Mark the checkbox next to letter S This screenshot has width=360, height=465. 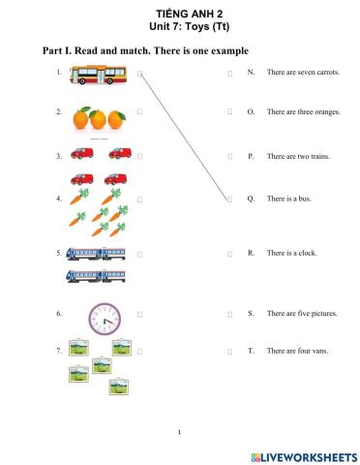point(230,314)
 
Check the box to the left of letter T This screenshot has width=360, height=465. point(230,350)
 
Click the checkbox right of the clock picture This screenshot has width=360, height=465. point(140,314)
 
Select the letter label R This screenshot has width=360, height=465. point(251,253)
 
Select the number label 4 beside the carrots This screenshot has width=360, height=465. point(59,199)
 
